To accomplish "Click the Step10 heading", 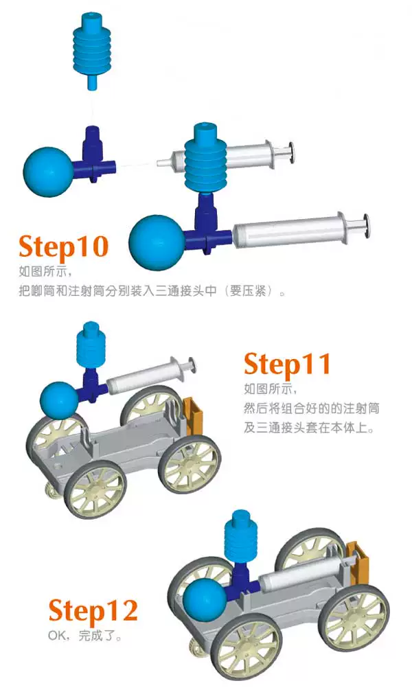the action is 64,247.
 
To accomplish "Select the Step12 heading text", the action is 93,611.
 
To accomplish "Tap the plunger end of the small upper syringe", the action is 290,152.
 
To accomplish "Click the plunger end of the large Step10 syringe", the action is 365,226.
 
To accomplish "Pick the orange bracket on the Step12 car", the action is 358,563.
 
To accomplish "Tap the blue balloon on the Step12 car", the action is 205,600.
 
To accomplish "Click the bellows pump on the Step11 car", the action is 91,346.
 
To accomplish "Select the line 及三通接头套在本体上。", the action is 309,428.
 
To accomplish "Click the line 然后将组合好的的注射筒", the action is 311,408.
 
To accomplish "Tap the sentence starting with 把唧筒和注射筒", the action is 152,291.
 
